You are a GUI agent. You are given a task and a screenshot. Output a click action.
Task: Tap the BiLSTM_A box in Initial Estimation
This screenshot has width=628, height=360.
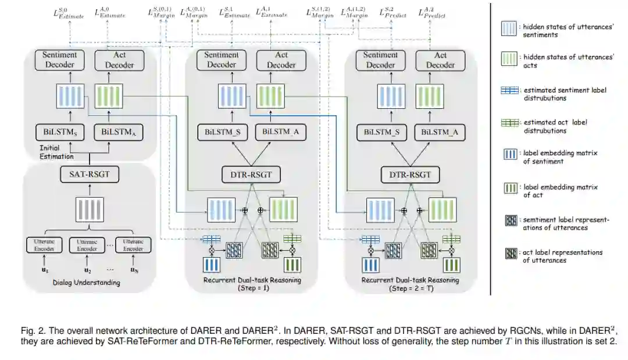(119, 131)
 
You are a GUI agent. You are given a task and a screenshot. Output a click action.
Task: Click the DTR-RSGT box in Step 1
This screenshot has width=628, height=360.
(251, 173)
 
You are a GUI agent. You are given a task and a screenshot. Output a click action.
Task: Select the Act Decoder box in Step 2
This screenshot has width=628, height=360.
(440, 60)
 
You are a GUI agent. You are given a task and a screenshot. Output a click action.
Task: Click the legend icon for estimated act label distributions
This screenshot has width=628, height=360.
(512, 122)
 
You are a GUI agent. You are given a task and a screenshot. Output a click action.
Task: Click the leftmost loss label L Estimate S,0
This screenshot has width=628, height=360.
(69, 12)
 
